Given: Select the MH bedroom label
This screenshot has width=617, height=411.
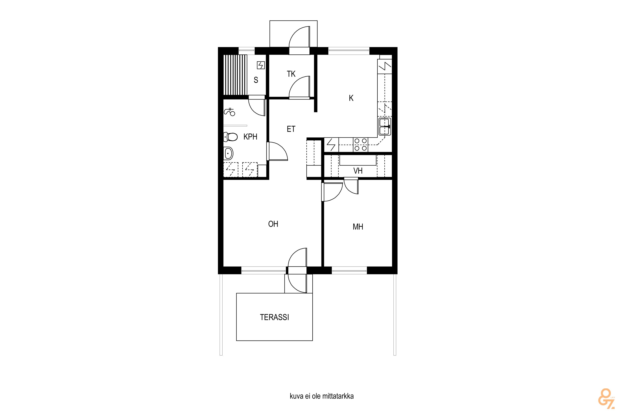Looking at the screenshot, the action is (x=358, y=227).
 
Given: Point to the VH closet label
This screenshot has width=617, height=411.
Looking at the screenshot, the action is (x=358, y=171).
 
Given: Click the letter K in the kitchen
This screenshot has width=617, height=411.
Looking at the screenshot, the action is (x=351, y=98).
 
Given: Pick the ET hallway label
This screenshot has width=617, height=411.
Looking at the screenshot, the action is (x=291, y=129).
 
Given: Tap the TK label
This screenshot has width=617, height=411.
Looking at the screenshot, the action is (x=291, y=74).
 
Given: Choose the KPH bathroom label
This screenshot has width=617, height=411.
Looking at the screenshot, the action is (x=250, y=137).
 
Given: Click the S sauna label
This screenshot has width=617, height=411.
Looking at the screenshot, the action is (x=256, y=80).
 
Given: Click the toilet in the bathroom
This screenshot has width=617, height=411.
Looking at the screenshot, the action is (x=231, y=137).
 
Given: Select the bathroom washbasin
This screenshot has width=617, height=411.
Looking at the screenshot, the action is (x=228, y=153).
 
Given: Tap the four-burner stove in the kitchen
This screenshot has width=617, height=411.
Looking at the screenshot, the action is (x=361, y=145).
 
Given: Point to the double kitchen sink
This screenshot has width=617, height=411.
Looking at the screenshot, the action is (x=385, y=127).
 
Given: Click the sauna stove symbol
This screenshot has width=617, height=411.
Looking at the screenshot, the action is (x=261, y=65).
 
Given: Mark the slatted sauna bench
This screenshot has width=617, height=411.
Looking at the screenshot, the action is (x=235, y=75).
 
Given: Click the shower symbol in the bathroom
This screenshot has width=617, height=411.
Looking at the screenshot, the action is (x=230, y=112).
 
